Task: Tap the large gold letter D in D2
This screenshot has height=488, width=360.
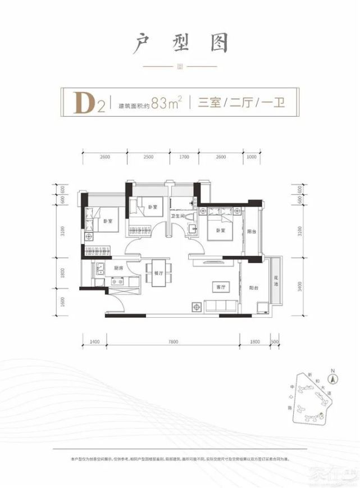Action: tap(85, 103)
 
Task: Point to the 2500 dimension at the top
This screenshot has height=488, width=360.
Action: tap(148, 157)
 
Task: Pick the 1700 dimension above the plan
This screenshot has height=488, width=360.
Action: tap(183, 157)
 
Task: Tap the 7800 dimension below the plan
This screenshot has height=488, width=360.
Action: tap(173, 341)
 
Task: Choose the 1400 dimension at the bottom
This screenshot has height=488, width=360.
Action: tap(94, 341)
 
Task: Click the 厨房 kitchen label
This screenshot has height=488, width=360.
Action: tap(118, 268)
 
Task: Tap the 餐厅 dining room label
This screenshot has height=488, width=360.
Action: tap(157, 273)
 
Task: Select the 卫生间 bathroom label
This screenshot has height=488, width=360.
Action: tap(180, 216)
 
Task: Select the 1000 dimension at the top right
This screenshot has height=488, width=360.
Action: tap(251, 157)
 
